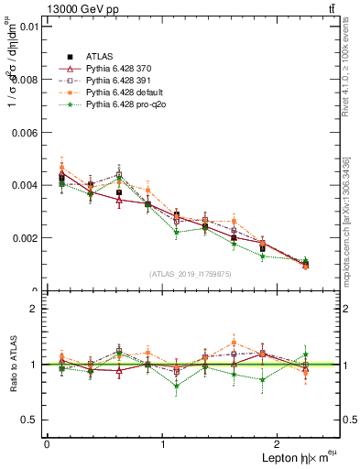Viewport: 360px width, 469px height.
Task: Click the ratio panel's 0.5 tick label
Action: (29, 420)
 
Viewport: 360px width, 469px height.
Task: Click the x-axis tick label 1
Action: (163, 443)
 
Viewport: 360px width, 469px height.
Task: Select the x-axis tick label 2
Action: (279, 443)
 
